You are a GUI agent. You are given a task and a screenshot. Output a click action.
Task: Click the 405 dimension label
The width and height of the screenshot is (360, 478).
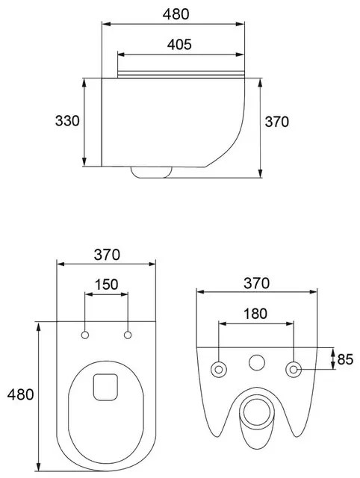(179, 45)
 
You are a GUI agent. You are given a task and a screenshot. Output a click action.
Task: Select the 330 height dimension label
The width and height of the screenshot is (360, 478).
(67, 121)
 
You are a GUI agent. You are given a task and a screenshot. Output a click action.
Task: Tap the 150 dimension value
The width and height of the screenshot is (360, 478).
(106, 285)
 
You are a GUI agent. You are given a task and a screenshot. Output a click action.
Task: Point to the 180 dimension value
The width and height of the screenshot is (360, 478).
(255, 314)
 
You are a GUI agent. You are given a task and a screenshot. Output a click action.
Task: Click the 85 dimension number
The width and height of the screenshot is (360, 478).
(345, 359)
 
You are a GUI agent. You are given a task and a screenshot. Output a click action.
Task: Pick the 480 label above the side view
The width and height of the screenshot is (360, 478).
(176, 14)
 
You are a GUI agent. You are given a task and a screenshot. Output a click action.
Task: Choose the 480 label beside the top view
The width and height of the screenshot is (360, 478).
(20, 394)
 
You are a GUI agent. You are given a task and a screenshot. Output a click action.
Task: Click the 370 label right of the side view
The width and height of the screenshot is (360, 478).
(276, 122)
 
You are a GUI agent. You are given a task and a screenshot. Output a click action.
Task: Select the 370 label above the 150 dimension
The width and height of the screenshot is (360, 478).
(107, 255)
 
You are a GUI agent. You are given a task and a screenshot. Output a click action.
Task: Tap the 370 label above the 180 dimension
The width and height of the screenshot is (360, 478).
(256, 283)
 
